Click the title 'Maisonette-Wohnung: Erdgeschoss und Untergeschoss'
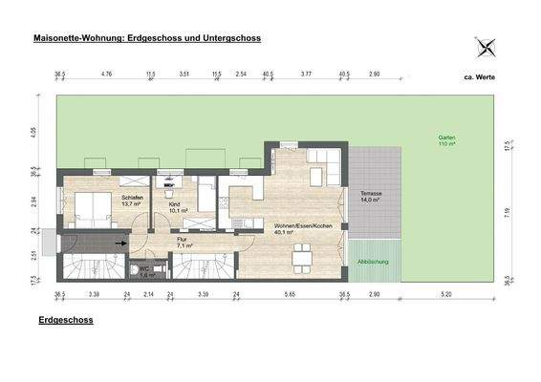coord(147,38)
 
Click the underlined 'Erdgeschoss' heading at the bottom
coord(66,321)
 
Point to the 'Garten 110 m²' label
coord(445,139)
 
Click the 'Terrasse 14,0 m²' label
coord(371,197)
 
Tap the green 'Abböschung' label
coord(372,261)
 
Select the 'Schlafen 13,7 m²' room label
coord(131,201)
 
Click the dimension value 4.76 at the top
coord(107,74)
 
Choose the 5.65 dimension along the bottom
coord(290,296)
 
